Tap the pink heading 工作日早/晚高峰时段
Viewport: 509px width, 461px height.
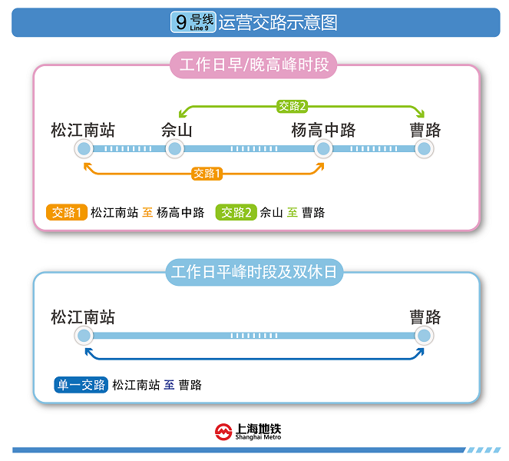(x=254, y=65)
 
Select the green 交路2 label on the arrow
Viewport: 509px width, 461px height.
(x=293, y=106)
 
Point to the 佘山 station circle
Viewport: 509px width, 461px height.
(x=175, y=148)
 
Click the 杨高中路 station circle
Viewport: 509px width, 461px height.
(x=323, y=148)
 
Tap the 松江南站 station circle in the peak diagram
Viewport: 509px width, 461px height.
(x=84, y=148)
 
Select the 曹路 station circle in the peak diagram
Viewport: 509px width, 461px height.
(x=423, y=148)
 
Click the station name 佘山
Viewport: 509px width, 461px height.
(x=177, y=129)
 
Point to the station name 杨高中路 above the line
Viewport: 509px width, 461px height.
(x=323, y=129)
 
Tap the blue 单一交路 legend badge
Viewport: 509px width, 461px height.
(x=81, y=385)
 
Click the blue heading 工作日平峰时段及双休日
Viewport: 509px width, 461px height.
(x=254, y=272)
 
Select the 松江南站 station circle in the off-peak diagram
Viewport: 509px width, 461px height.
(x=84, y=336)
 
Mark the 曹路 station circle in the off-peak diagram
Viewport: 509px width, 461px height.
(x=423, y=336)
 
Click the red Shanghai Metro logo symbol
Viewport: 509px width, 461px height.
(x=223, y=433)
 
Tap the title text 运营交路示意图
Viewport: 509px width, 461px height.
(x=278, y=22)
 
